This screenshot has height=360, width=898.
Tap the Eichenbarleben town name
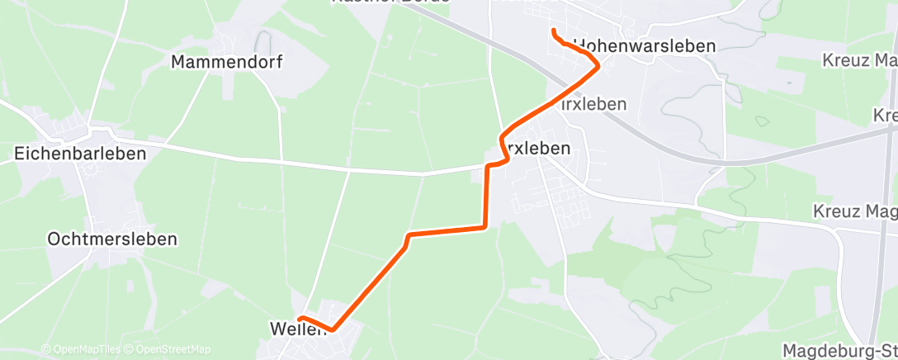(80, 154)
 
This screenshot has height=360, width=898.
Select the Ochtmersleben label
(112, 239)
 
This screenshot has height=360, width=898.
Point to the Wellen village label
(294, 329)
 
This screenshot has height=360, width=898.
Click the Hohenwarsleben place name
(643, 46)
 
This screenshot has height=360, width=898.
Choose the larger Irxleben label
(536, 149)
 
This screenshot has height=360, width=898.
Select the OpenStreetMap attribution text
(168, 350)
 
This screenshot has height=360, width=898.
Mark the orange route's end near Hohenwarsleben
(552, 31)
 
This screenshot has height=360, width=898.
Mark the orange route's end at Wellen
(300, 318)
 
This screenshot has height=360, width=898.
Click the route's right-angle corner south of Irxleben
(484, 226)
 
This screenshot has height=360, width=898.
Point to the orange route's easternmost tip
(598, 68)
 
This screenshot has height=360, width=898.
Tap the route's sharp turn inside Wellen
(332, 329)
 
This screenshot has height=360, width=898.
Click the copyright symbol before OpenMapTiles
(45, 350)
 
